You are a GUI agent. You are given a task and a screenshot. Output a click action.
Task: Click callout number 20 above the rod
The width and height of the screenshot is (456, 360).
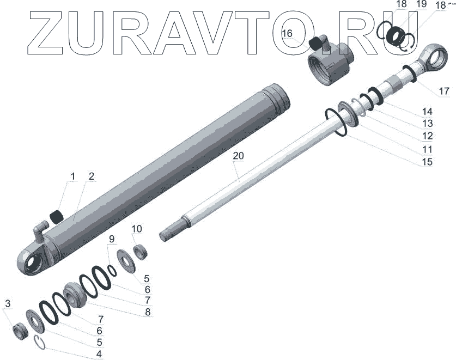pyautogui.click(x=238, y=156)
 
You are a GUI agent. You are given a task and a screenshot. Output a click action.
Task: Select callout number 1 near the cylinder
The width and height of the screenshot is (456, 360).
pyautogui.click(x=72, y=176)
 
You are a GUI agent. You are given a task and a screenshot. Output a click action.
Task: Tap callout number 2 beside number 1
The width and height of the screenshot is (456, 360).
pyautogui.click(x=92, y=176)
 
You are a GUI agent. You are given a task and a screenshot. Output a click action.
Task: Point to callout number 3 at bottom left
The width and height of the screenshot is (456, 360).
pyautogui.click(x=8, y=303)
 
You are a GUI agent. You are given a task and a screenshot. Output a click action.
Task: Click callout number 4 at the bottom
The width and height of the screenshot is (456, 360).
pyautogui.click(x=99, y=354)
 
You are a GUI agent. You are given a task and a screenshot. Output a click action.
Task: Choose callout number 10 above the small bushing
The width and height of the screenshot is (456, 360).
pyautogui.click(x=136, y=229)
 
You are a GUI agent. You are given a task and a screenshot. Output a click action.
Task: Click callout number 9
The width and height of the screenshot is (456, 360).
pyautogui.click(x=112, y=239)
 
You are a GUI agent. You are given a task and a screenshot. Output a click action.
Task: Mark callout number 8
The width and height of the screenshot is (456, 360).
pyautogui.click(x=148, y=312)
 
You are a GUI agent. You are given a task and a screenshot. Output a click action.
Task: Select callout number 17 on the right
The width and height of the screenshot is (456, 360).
pyautogui.click(x=444, y=91)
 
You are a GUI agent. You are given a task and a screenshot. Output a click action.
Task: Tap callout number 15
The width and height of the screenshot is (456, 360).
pyautogui.click(x=427, y=162)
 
